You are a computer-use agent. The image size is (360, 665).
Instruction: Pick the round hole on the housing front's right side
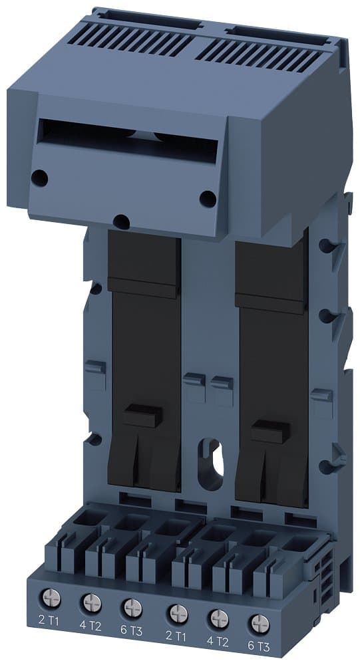click(208, 198)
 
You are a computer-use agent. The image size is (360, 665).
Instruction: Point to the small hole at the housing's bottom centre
click(120, 220)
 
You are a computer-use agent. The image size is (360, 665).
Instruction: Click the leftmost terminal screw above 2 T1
click(49, 598)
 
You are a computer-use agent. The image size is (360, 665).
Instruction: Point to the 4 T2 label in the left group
click(90, 626)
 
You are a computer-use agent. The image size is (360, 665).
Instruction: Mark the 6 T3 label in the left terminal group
click(133, 631)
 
